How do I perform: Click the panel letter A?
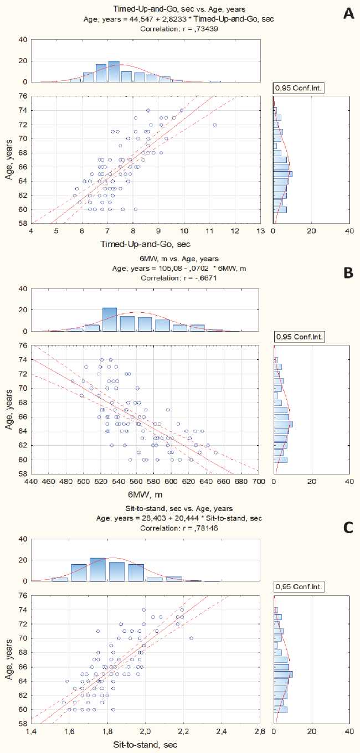[x=348, y=12]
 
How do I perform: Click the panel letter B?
[x=348, y=272]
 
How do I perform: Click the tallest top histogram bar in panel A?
[x=114, y=71]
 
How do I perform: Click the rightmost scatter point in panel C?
[x=191, y=638]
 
